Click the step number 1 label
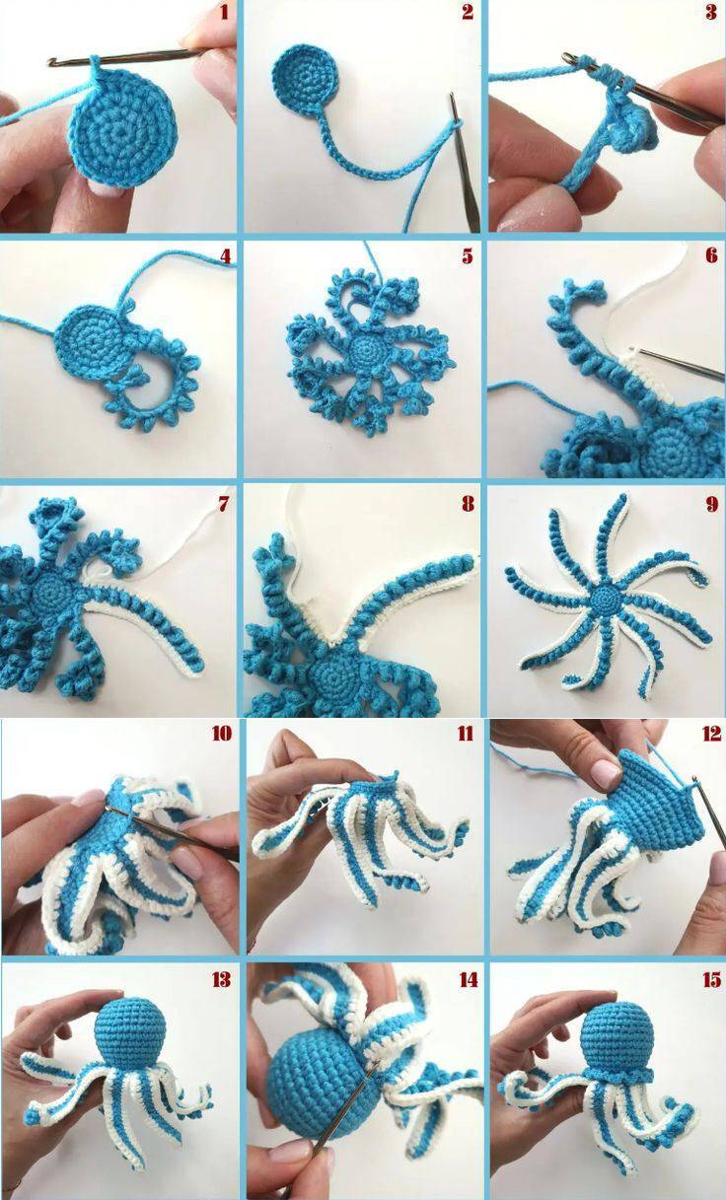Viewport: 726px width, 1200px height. tap(224, 12)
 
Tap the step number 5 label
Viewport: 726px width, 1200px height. tap(468, 256)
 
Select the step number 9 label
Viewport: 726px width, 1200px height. tap(711, 504)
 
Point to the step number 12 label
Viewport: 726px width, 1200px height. tap(711, 734)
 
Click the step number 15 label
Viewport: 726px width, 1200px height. tap(711, 980)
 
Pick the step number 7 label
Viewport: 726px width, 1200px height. tap(224, 503)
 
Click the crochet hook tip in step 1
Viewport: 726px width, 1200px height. tap(52, 63)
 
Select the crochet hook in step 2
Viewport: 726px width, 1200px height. tap(464, 161)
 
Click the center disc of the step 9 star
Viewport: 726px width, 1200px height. tap(606, 597)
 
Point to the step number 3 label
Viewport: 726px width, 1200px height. tap(711, 12)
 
